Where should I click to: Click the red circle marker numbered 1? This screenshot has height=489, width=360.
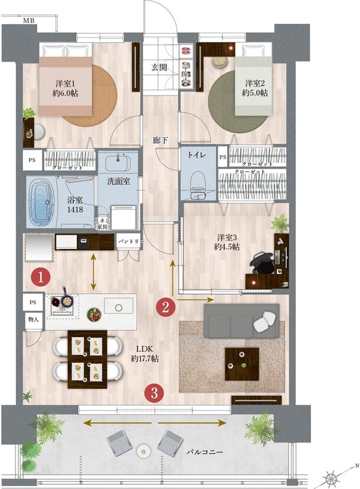point(40,276)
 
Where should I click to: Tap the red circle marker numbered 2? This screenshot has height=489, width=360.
point(165,306)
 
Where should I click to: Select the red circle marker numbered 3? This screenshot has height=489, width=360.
point(154,393)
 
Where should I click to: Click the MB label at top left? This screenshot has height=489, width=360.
point(28,21)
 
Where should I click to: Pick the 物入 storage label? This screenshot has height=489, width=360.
point(33,319)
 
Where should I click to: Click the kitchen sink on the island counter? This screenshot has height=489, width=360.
point(119,306)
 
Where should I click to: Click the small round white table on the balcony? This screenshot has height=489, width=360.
point(143,451)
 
